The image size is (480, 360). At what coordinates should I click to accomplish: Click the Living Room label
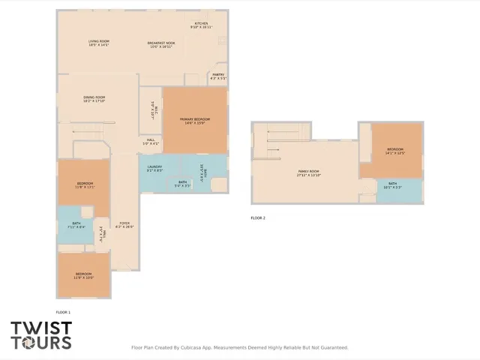coord(99,42)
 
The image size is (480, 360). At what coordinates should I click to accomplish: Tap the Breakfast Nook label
coord(161,42)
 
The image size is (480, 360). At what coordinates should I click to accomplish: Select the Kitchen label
coord(201,24)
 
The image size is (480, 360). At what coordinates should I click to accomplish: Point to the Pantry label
coord(218,74)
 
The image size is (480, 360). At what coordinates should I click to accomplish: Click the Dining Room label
coord(94,97)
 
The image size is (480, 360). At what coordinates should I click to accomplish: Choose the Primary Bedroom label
coord(194,119)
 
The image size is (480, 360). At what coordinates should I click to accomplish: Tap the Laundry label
coord(154,166)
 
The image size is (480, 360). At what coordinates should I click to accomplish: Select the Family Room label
coord(309,172)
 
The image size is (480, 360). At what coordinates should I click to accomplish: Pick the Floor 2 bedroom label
coord(395,150)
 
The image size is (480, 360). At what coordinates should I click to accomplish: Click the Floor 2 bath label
coord(392,184)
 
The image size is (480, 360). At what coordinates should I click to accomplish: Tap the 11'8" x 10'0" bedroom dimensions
coord(84,277)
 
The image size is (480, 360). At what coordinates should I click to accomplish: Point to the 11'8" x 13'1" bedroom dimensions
coord(85,187)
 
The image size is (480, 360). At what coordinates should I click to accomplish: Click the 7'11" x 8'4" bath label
coord(76,224)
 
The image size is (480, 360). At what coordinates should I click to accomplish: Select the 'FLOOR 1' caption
coord(63,311)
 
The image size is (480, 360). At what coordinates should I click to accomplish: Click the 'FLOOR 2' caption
coord(258,217)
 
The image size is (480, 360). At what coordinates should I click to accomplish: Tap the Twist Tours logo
coord(41,335)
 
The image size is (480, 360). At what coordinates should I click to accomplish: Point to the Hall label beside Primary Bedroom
coord(151,139)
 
